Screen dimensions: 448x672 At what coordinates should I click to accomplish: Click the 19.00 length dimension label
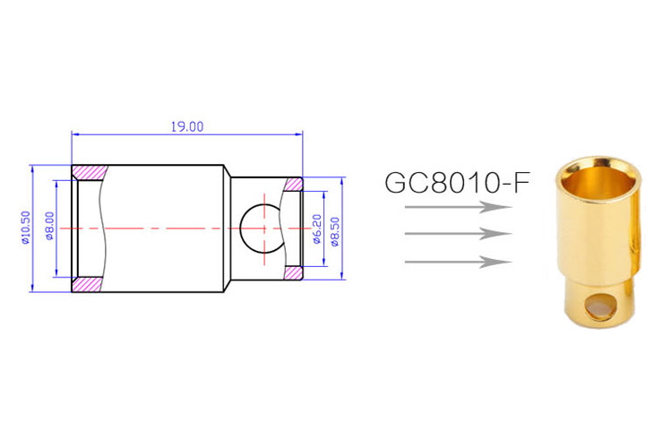[x=187, y=126]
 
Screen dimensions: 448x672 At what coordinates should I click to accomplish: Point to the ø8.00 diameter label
[x=51, y=228]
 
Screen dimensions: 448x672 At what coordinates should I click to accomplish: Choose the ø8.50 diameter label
[x=333, y=229]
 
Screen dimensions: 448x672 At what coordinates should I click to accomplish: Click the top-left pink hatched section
[x=89, y=172]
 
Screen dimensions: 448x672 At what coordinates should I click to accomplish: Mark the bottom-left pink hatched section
[x=89, y=284]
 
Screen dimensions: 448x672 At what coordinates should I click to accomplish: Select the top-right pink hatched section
[x=293, y=185]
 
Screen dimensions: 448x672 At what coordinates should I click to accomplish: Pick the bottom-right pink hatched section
[x=293, y=272]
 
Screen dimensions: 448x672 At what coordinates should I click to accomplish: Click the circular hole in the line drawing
[x=262, y=228]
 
